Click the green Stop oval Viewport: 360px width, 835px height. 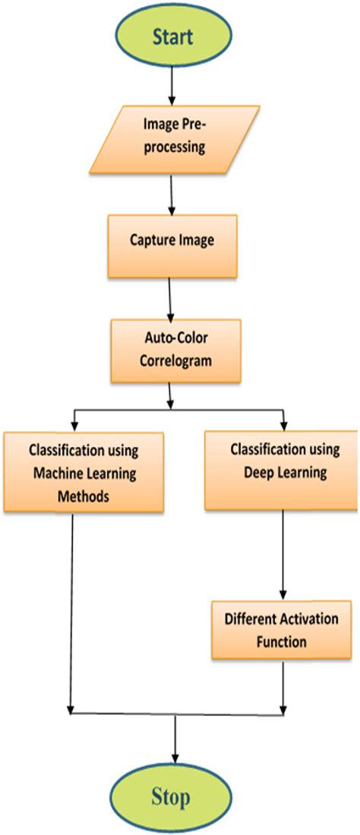pos(175,796)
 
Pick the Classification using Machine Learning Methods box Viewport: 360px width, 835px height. pos(83,471)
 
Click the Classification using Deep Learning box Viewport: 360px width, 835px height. pos(281,471)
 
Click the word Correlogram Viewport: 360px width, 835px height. pos(175,360)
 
